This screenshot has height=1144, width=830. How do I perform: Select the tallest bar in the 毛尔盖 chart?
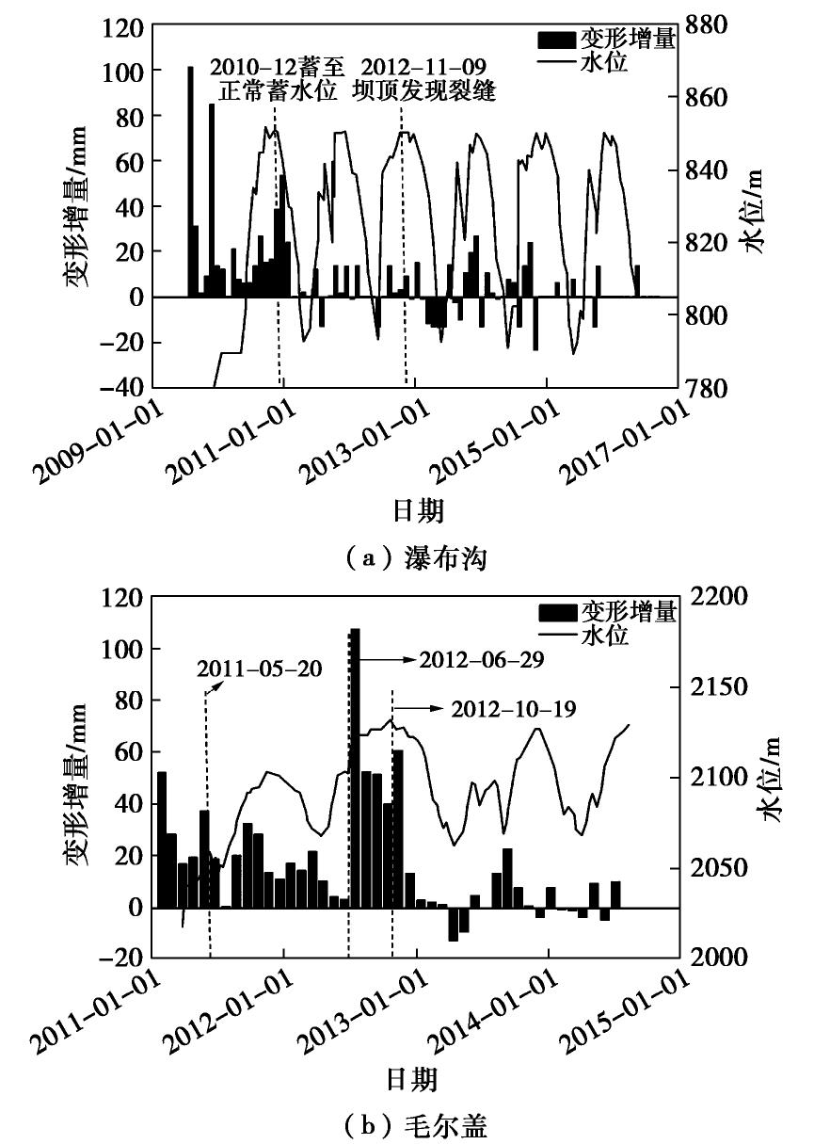[355, 767]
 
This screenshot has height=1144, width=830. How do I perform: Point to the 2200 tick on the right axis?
[720, 597]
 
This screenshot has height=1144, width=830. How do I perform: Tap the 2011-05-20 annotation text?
[259, 669]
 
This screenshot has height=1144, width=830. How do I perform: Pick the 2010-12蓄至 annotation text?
[278, 67]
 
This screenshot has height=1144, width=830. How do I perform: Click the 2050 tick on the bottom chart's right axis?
[720, 867]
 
